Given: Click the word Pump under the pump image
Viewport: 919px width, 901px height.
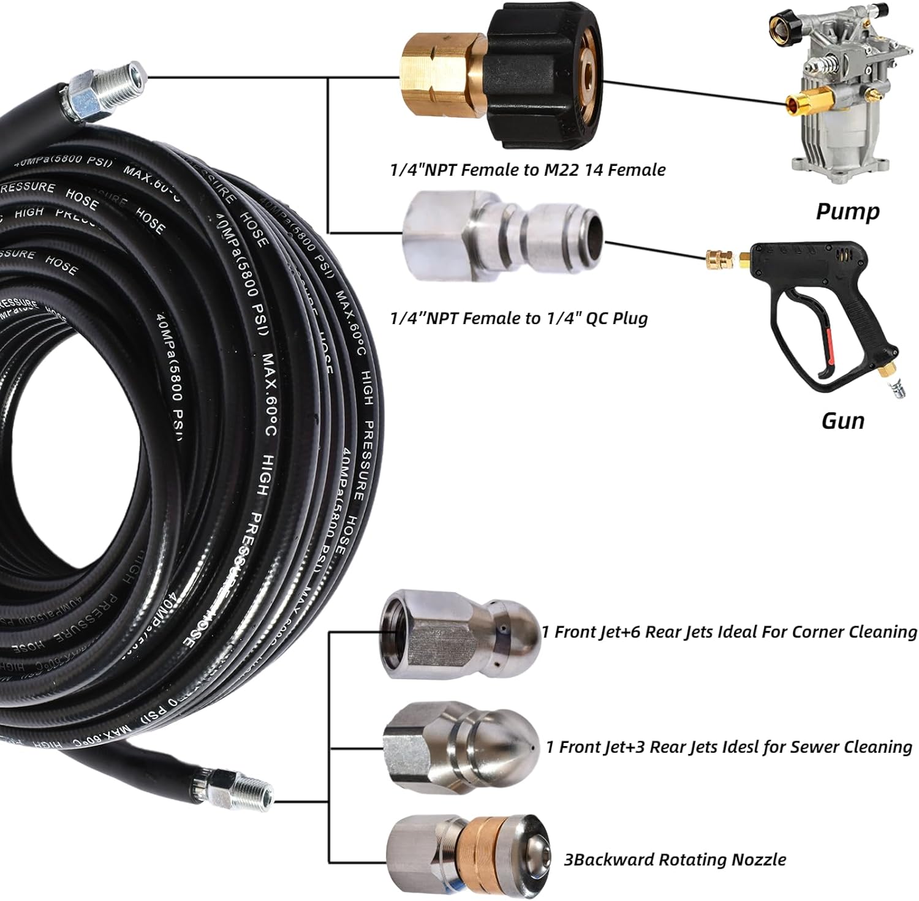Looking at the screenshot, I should pos(847,211).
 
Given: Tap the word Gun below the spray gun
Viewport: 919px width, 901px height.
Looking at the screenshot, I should pos(842,421).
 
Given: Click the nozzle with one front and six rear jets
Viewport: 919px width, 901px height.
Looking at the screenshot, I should pos(460,634).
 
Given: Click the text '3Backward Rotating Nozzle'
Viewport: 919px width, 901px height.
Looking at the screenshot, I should pos(675,860).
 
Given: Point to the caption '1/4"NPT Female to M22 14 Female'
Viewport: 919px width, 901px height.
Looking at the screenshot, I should pos(528,170).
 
